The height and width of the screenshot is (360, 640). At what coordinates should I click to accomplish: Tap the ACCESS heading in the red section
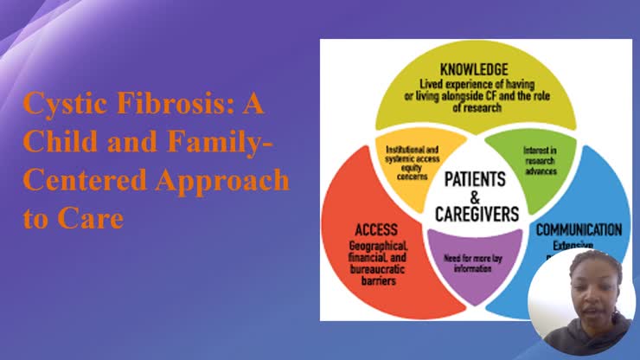(x=376, y=229)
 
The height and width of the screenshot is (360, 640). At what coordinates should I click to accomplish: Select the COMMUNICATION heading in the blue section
(x=579, y=230)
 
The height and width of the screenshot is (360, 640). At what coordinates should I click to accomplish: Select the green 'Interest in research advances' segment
(x=540, y=160)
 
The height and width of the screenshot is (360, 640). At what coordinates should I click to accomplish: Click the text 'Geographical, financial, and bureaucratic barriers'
(x=377, y=259)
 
